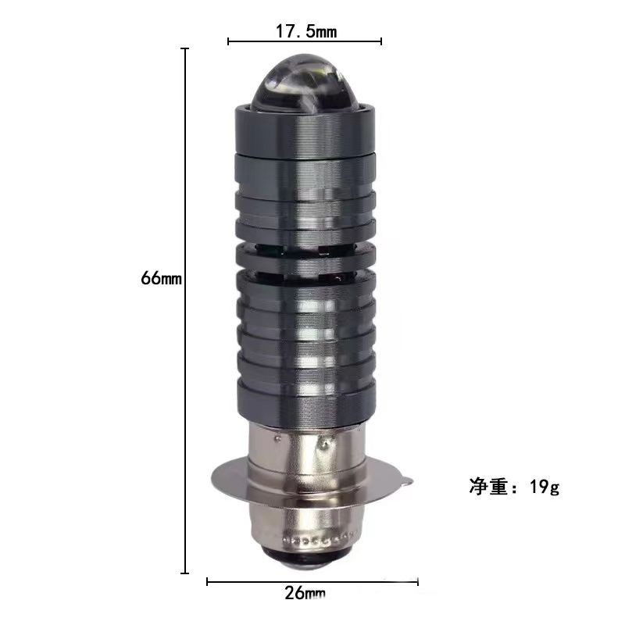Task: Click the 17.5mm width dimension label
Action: click(306, 31)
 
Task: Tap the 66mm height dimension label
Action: click(161, 278)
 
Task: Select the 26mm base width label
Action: click(305, 593)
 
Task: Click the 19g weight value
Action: click(545, 487)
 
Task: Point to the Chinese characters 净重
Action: click(489, 486)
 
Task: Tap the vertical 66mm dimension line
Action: click(184, 311)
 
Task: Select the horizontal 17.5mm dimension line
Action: click(305, 41)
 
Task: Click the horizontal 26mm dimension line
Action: click(312, 582)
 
